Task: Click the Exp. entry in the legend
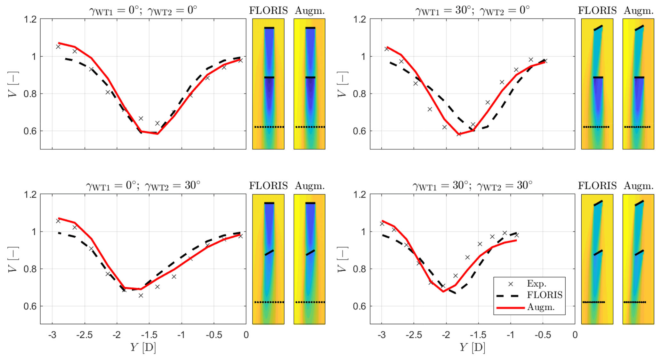click(536, 284)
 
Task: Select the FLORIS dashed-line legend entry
click(544, 295)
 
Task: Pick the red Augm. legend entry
click(540, 307)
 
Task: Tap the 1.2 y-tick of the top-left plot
click(30, 20)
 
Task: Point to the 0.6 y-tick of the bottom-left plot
click(30, 306)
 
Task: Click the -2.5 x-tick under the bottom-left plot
click(85, 335)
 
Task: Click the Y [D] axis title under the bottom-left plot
click(143, 348)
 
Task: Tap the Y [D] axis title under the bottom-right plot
click(472, 348)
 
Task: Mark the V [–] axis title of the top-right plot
click(342, 84)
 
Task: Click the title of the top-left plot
click(143, 11)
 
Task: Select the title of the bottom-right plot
click(472, 186)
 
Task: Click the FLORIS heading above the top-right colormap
click(597, 11)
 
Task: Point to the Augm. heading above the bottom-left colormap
click(310, 186)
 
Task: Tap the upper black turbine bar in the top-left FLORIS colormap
click(269, 28)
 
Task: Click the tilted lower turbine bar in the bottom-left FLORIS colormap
click(270, 252)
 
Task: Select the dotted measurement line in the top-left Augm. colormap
click(310, 127)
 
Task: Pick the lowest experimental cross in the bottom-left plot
click(141, 296)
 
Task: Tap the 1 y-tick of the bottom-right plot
click(363, 232)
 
